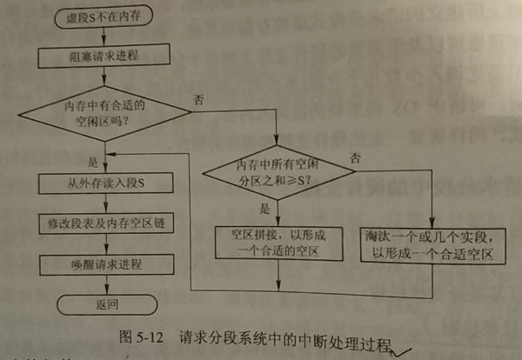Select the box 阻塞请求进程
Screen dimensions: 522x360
[104, 57]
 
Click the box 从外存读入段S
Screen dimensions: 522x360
[104, 183]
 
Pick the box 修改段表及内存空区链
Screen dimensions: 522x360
[104, 223]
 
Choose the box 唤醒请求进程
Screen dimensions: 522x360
[104, 263]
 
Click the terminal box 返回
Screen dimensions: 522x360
[104, 304]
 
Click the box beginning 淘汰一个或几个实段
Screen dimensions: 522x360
[432, 243]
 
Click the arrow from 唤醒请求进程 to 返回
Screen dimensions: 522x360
[104, 283]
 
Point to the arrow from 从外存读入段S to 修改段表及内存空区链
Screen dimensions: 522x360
[104, 203]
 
